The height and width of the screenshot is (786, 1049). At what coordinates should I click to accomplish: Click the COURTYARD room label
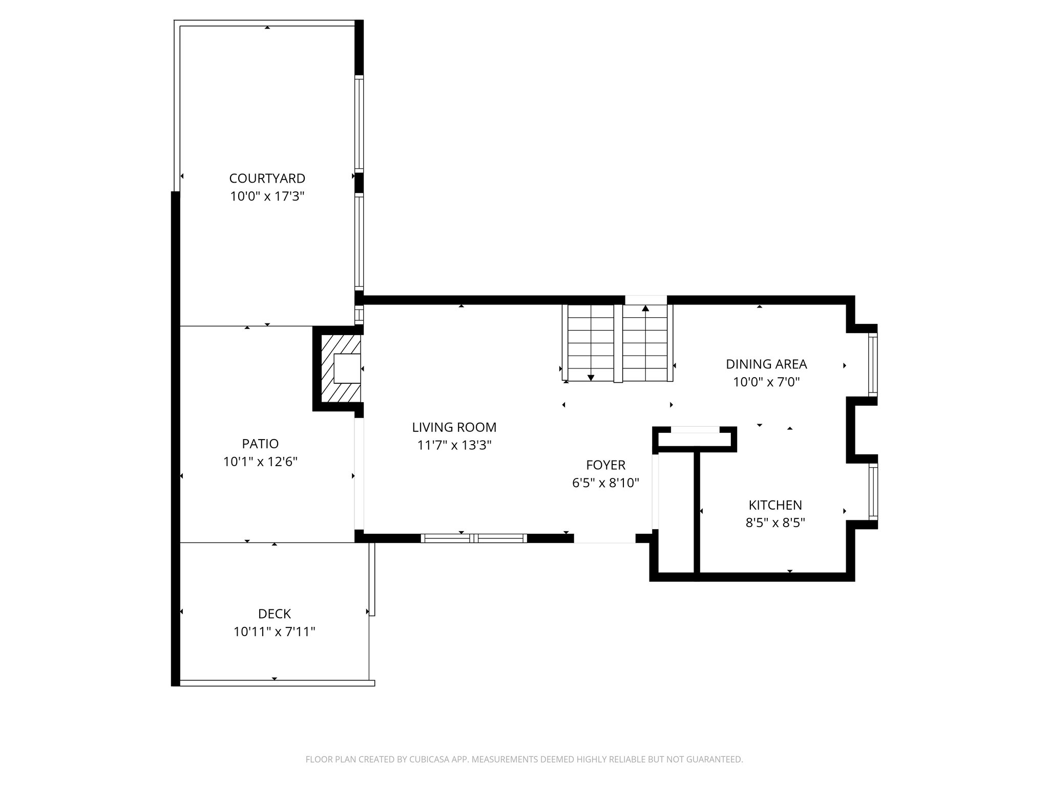(x=267, y=178)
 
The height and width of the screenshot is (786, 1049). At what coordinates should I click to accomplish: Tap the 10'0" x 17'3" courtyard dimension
(x=267, y=196)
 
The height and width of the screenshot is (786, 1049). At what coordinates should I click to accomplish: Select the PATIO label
(x=260, y=444)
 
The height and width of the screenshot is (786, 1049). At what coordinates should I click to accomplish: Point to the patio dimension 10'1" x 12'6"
(x=260, y=462)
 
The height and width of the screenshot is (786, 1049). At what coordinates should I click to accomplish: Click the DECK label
(x=275, y=614)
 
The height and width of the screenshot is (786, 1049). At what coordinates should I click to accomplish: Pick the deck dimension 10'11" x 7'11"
(x=275, y=632)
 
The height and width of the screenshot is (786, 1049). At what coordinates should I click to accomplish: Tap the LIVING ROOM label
(x=454, y=427)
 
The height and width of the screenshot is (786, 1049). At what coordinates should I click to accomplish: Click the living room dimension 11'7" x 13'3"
(x=454, y=445)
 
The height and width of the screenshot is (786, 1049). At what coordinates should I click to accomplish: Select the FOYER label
(x=606, y=465)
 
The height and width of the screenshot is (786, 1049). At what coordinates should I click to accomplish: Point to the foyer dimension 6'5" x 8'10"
(x=606, y=483)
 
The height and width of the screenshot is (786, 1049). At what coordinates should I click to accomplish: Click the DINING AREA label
(x=766, y=364)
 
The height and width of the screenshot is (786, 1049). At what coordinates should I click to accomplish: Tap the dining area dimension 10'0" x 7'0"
(x=766, y=382)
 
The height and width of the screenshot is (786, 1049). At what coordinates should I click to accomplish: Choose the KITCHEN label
(x=775, y=505)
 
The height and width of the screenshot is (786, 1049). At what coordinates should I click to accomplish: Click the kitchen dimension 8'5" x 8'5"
(x=775, y=523)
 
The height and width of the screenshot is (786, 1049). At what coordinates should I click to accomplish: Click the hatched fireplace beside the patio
(x=339, y=368)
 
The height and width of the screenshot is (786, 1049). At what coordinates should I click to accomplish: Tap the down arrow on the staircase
(x=591, y=378)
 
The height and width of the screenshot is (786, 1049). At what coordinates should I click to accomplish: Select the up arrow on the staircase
(x=645, y=308)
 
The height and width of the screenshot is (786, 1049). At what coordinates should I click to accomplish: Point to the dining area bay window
(x=873, y=364)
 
